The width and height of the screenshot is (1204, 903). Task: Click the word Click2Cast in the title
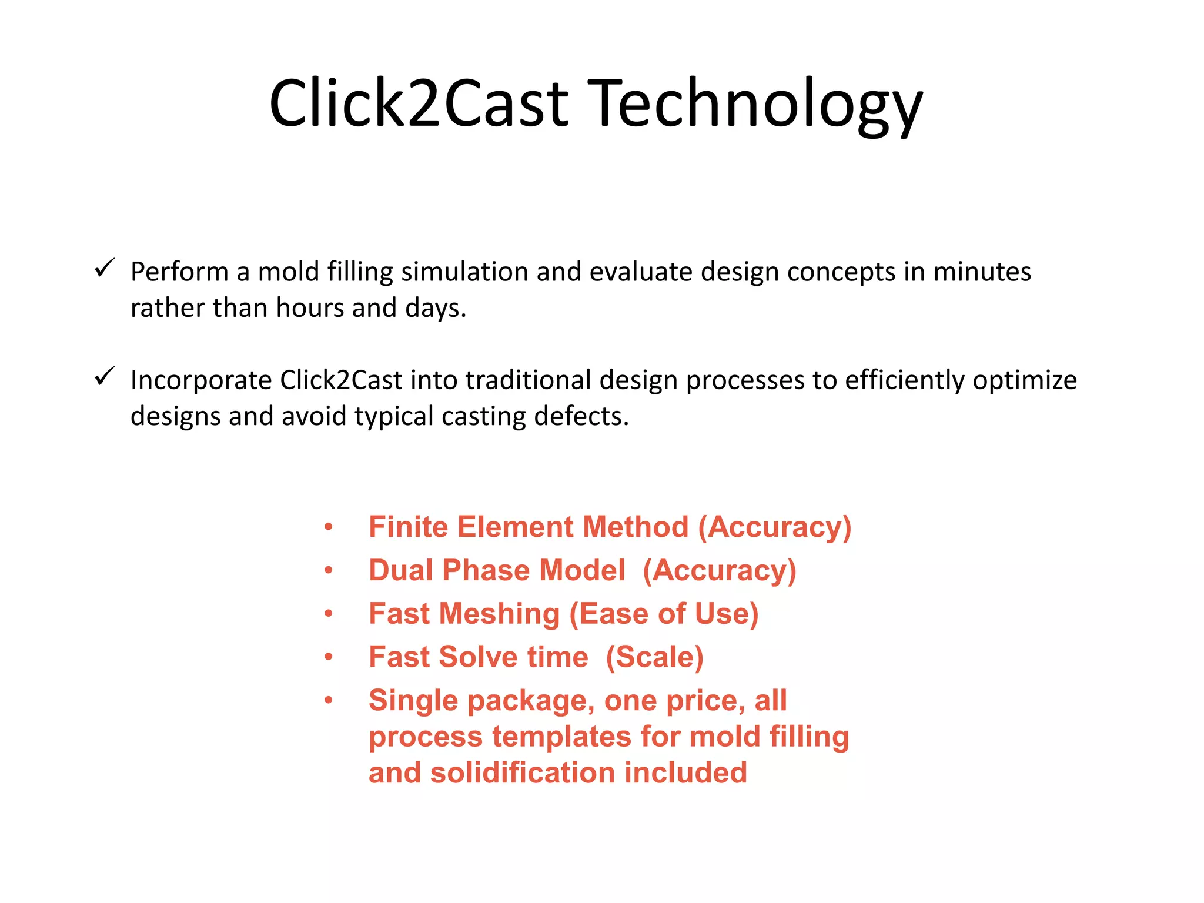coord(419,105)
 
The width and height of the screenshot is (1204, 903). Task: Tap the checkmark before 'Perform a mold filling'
coord(104,269)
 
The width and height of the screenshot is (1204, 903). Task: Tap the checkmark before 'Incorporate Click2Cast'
coord(104,377)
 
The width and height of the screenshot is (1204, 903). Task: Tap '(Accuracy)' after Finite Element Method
coord(774,527)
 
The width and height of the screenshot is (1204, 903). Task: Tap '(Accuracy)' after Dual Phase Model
coord(719,570)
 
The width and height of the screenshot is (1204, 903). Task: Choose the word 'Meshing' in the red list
coord(499,614)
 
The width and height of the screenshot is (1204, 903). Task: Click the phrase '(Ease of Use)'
coord(664,614)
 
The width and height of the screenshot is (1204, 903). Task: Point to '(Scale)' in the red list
coord(654,657)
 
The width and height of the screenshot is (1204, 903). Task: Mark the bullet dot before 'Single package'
coord(329,700)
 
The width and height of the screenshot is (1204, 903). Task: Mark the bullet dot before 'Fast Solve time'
coord(329,657)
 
